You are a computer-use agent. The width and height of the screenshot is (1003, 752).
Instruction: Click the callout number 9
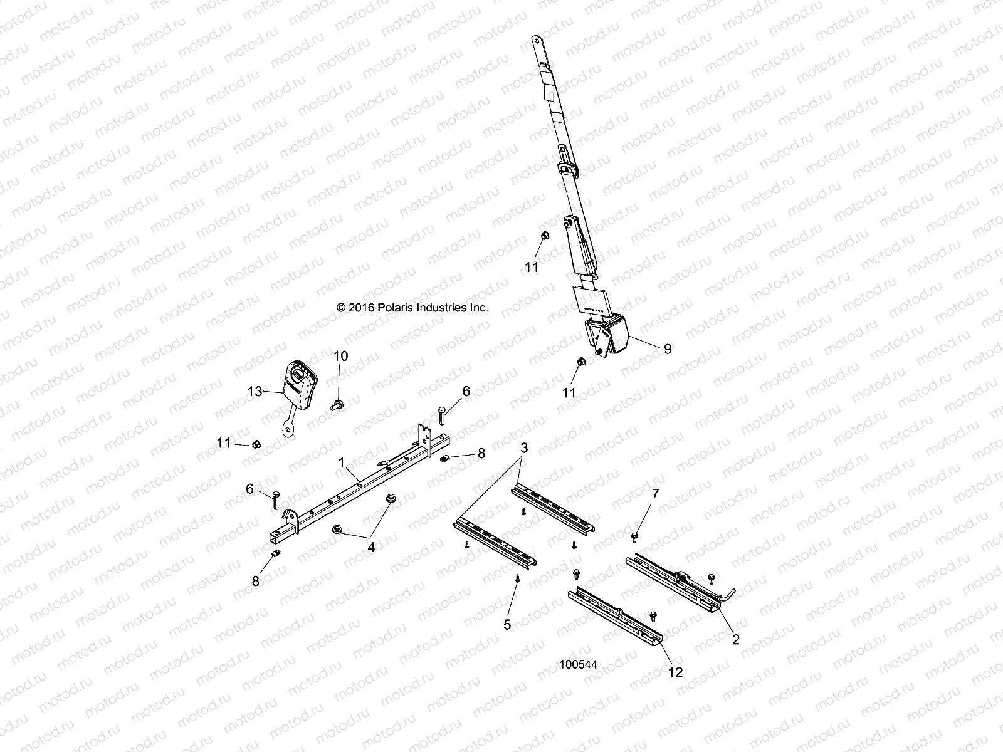click(x=668, y=348)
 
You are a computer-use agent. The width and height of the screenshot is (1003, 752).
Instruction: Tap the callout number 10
click(x=340, y=356)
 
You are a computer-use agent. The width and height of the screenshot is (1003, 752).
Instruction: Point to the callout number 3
click(x=523, y=448)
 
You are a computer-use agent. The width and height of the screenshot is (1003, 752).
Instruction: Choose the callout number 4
click(x=371, y=547)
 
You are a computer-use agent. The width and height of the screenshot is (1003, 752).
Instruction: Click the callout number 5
click(x=507, y=624)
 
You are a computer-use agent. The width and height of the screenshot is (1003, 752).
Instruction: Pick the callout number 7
click(x=655, y=494)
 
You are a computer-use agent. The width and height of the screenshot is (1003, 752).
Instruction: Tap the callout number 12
click(x=676, y=672)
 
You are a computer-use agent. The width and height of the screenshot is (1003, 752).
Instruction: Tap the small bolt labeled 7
click(x=634, y=536)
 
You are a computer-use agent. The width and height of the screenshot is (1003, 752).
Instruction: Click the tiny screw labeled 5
click(x=518, y=578)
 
